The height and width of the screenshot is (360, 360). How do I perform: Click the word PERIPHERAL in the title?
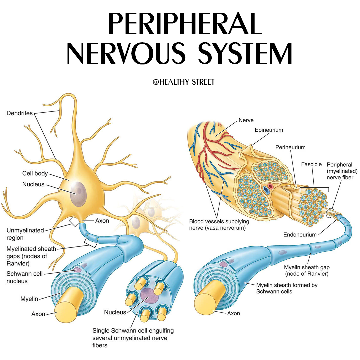pyautogui.click(x=185, y=23)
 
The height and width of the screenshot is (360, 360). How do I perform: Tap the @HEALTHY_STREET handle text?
pyautogui.click(x=183, y=82)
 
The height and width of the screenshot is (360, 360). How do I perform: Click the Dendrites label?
pyautogui.click(x=20, y=113)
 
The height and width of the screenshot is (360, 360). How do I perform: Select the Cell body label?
pyautogui.click(x=35, y=173)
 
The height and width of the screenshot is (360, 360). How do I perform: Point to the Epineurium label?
pyautogui.click(x=269, y=130)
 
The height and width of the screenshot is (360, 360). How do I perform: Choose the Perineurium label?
pyautogui.click(x=290, y=147)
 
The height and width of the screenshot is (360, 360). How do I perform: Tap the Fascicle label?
pyautogui.click(x=311, y=164)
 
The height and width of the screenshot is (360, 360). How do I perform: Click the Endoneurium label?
pyautogui.click(x=300, y=235)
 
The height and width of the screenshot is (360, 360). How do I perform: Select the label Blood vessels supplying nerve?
pyautogui.click(x=219, y=225)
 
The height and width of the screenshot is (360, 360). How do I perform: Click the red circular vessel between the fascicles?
pyautogui.click(x=270, y=186)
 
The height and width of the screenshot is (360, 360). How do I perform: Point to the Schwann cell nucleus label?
pyautogui.click(x=24, y=277)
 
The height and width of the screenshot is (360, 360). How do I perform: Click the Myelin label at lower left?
pyautogui.click(x=29, y=299)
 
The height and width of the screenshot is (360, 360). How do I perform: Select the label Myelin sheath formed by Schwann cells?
pyautogui.click(x=287, y=288)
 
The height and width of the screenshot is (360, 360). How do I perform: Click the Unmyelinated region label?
pyautogui.click(x=25, y=234)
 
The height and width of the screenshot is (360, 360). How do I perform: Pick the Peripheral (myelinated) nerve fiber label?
pyautogui.click(x=342, y=171)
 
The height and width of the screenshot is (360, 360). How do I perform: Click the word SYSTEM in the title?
pyautogui.click(x=245, y=53)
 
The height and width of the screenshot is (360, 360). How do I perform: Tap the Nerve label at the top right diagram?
pyautogui.click(x=246, y=120)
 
